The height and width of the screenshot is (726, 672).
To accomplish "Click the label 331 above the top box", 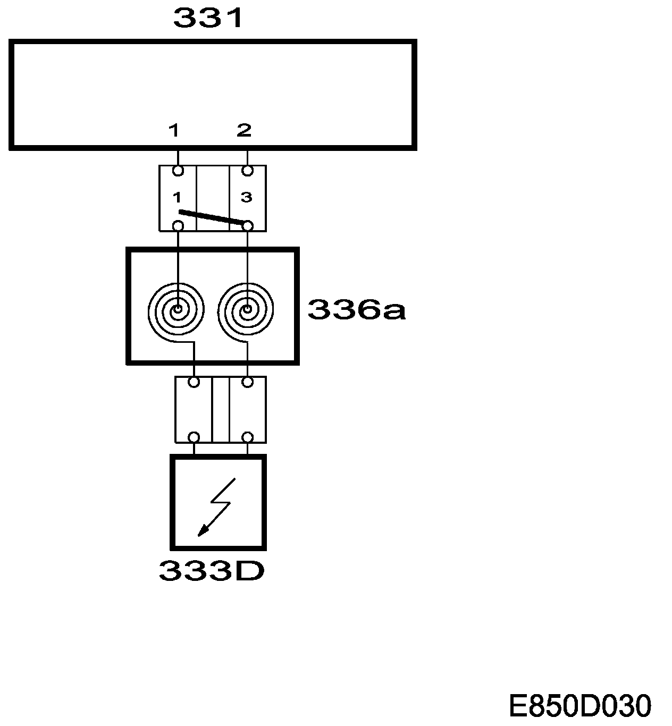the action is coord(208,18).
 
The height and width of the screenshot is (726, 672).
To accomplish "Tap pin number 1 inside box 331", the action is coord(174,130).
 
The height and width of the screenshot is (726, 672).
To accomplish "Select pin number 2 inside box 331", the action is coord(243,130).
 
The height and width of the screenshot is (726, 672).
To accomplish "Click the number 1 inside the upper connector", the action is coord(177,198).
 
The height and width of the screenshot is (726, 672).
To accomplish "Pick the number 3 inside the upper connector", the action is coord(246,198).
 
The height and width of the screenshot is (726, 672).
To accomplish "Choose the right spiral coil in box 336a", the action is coord(247,309).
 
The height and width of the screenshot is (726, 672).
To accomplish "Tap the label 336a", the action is coord(356,310).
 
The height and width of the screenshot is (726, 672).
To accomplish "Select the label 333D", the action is coord(212,571).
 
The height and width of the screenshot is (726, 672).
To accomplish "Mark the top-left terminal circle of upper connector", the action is coord(178,171).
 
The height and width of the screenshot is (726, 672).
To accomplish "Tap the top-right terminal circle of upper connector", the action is coord(247,171).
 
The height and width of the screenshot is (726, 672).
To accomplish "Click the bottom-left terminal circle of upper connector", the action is coord(178,226).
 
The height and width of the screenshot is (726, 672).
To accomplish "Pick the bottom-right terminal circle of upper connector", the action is coord(247,226).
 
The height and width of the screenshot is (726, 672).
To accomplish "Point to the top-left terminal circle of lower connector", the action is coord(194,382).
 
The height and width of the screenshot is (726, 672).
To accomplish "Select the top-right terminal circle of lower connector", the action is coord(247,382).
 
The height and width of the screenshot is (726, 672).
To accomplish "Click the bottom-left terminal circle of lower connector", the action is coord(194,437).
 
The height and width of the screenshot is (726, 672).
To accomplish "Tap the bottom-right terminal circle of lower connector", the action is coord(247,437).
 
